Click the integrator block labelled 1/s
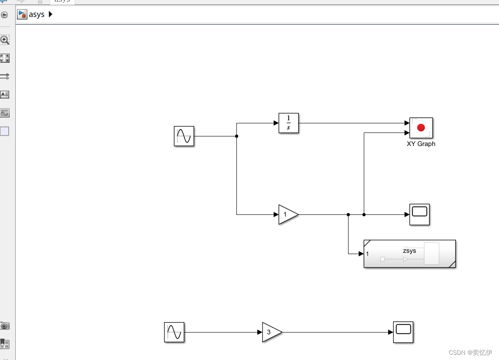point(288,123)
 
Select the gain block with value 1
point(287,214)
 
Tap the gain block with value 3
point(270,332)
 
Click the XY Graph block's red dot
point(421,127)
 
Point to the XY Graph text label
point(421,144)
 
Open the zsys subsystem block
point(410,254)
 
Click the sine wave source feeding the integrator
point(184,136)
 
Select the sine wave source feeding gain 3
point(174,332)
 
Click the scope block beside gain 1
point(420,214)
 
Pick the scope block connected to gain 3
point(403,332)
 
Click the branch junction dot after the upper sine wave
point(236,136)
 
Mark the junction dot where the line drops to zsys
point(348,214)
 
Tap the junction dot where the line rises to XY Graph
point(364,214)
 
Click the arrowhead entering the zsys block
point(361,254)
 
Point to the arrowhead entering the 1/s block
point(276,123)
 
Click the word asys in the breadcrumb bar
point(37,14)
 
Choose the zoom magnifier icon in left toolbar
point(5,40)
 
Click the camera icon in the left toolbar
point(5,326)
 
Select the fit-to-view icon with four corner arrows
point(5,58)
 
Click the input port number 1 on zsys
point(368,254)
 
